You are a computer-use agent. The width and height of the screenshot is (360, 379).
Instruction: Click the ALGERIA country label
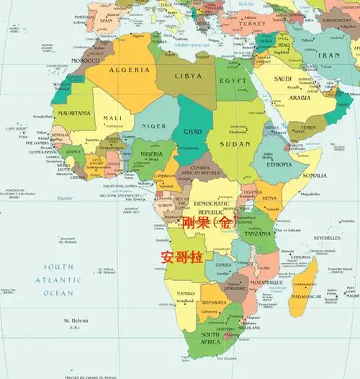(130, 70)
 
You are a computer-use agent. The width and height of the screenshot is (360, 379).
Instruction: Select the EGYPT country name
(233, 81)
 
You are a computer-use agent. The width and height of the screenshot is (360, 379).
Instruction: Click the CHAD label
(192, 132)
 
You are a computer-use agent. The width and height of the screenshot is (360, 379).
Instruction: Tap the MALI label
(112, 118)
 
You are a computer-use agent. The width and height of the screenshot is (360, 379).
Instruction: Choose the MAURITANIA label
(74, 113)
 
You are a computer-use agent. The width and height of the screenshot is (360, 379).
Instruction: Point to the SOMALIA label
(315, 175)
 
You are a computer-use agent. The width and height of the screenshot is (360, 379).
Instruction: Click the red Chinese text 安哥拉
(182, 257)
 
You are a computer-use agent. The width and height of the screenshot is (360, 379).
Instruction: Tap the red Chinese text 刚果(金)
(208, 223)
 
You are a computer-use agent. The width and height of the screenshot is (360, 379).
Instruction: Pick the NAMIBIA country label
(186, 294)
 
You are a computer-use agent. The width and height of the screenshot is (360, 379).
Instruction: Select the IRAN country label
(328, 55)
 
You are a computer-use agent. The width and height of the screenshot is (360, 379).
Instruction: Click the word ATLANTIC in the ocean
(57, 280)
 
